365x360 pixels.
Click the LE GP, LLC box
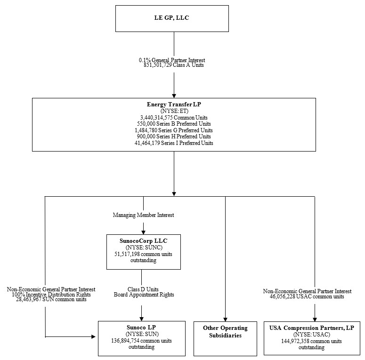(x=172, y=18)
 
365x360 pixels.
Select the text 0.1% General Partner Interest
(x=172, y=60)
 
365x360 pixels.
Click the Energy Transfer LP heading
(x=174, y=104)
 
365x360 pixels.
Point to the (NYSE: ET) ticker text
(x=174, y=110)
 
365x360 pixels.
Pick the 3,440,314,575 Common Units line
(x=174, y=117)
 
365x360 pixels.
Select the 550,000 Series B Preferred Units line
(x=174, y=123)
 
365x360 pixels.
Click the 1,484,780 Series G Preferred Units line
(x=174, y=130)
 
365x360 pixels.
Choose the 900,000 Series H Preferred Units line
(x=174, y=136)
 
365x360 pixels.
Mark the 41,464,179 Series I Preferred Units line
(x=174, y=143)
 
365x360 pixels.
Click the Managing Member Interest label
(x=143, y=215)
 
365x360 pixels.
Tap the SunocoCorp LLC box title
(x=143, y=240)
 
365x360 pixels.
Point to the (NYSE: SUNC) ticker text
(x=143, y=247)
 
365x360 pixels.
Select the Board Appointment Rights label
(x=143, y=295)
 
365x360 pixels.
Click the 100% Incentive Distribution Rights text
(x=51, y=295)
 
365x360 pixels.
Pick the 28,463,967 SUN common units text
(x=51, y=300)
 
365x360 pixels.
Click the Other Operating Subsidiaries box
(x=225, y=331)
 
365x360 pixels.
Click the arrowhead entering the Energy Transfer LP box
(x=174, y=95)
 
